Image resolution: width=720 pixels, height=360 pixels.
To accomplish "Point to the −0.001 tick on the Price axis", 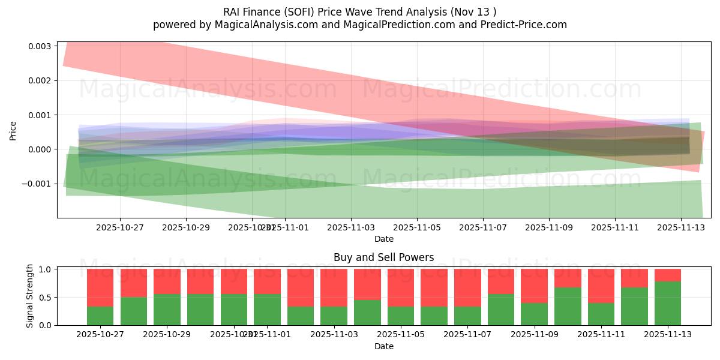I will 38,184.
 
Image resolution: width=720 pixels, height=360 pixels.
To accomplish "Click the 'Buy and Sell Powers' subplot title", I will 384,257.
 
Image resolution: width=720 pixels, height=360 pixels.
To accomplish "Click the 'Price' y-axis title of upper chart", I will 13,131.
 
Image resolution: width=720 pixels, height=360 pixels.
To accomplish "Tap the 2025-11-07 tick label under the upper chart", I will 483,228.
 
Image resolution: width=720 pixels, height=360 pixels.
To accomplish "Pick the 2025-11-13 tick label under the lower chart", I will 668,335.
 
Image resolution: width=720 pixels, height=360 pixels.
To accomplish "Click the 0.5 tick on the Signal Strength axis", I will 46,298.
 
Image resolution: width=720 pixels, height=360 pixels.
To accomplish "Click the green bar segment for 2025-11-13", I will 668,304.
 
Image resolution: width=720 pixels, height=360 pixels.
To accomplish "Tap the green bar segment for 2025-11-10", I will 568,307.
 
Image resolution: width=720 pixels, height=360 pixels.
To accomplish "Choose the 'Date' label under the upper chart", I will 384,239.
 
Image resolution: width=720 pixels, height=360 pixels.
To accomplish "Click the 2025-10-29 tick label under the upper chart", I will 186,228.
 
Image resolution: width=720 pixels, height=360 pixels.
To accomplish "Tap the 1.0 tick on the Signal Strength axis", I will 46,269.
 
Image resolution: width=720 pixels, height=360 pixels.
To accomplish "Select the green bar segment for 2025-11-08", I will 500,310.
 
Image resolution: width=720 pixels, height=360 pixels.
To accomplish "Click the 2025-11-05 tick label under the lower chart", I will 400,335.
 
